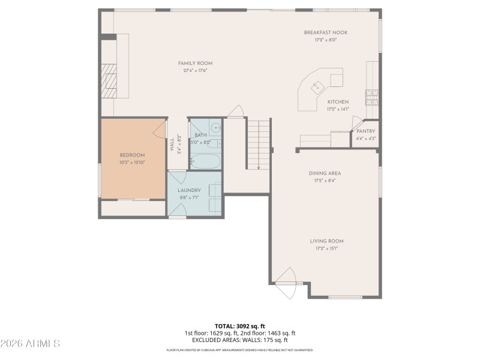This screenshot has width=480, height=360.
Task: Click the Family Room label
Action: [x=195, y=63]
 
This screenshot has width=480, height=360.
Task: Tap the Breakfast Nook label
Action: [x=325, y=32]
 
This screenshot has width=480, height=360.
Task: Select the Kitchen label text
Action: [x=338, y=102]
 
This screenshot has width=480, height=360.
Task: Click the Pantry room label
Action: [x=365, y=131]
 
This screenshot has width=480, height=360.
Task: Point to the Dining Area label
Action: [x=325, y=173]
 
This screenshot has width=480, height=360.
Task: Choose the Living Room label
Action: [x=326, y=241]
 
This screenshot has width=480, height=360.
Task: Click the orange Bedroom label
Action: [x=132, y=155]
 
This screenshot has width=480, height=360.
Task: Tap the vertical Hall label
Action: [x=172, y=145]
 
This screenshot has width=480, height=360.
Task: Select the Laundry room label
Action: [x=189, y=190]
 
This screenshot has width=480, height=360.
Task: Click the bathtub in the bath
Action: [x=205, y=161]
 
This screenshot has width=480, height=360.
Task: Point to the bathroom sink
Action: [x=216, y=128]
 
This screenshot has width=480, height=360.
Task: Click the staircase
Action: [x=258, y=144]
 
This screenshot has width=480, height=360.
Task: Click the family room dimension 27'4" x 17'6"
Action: [x=195, y=71]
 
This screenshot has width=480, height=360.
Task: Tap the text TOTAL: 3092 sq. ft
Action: [x=240, y=326]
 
